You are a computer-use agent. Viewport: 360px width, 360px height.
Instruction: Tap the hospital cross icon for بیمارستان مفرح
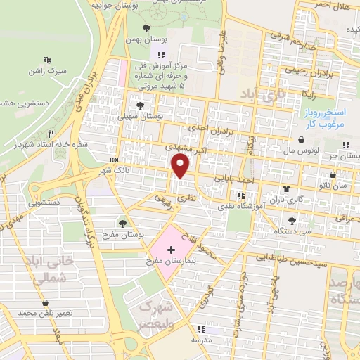click(171, 250)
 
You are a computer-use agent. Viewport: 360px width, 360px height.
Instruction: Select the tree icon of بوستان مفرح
click(122, 223)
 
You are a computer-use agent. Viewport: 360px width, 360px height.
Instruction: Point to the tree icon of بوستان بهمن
click(146, 29)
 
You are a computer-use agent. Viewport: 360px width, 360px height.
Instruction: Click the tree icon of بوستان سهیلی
click(141, 105)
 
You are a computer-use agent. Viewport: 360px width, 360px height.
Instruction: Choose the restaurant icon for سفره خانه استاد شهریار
click(50, 133)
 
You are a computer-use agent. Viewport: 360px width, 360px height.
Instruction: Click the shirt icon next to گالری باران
click(285, 188)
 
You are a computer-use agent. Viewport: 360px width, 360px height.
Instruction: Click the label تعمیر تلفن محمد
click(46, 311)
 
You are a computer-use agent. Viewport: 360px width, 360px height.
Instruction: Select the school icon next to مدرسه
click(201, 328)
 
